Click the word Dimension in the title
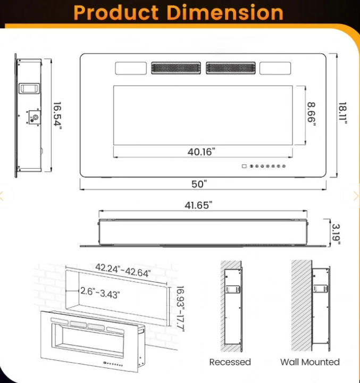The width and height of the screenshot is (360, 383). click(x=230, y=13)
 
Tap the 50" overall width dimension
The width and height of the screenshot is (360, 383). click(x=199, y=184)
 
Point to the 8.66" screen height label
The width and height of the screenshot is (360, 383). click(x=311, y=114)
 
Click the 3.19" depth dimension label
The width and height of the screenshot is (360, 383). click(x=335, y=234)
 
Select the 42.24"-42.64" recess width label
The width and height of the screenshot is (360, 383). click(x=123, y=270)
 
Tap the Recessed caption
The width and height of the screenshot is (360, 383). click(x=230, y=362)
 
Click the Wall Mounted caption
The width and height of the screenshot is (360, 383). click(x=310, y=362)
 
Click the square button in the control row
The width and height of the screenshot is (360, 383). click(x=244, y=166)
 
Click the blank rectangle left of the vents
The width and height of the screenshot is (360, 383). click(x=130, y=68)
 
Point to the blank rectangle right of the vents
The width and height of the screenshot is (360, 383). click(x=275, y=68)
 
